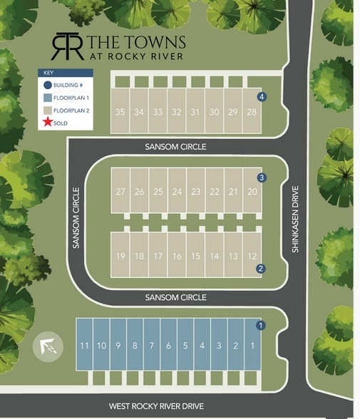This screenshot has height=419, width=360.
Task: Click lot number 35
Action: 120,112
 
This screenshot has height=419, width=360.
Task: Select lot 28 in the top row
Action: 252,112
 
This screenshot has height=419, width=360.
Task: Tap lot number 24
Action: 177,191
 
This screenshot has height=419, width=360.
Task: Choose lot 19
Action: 120,256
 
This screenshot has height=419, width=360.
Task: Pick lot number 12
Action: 252,256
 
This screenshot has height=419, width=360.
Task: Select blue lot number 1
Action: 252,346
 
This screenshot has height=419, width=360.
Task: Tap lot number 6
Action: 168,346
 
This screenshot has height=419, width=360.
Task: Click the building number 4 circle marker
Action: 262,97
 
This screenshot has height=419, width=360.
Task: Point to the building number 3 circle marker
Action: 262,177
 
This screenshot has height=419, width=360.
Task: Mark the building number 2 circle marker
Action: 261,269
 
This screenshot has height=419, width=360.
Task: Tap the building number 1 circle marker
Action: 261,326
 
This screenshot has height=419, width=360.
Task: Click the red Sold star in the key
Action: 47,123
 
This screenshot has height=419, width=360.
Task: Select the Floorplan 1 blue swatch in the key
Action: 47,98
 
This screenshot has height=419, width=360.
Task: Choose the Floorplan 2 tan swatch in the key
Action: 47,110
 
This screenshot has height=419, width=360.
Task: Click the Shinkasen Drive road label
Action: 295,219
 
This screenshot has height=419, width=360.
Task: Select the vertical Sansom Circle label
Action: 76,217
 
